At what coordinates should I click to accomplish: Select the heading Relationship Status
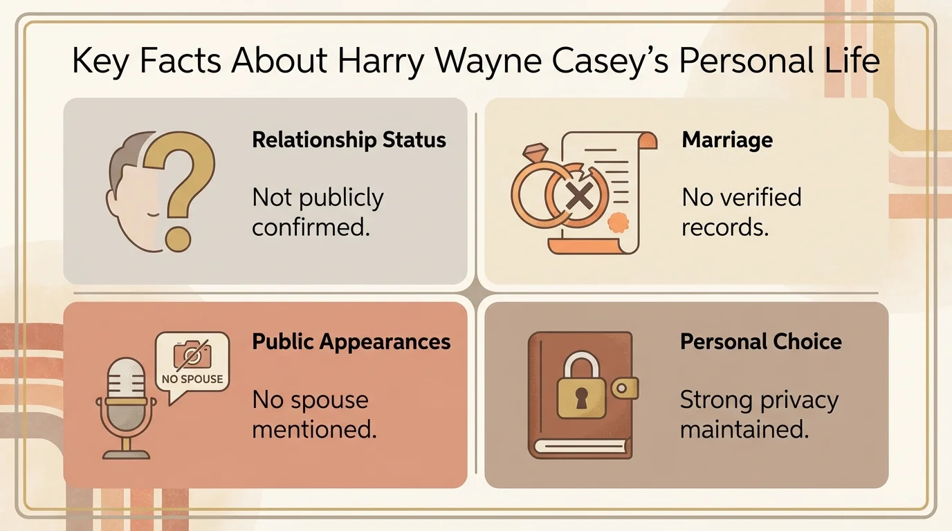tap(349, 140)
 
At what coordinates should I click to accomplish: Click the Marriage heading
tap(727, 140)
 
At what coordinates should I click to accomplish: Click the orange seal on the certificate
tap(616, 223)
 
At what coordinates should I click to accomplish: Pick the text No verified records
tap(741, 212)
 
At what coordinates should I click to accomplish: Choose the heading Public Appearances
tap(351, 342)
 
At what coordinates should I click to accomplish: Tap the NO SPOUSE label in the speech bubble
tap(192, 379)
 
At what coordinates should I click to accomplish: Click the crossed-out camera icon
tap(191, 355)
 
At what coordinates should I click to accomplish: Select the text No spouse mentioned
tap(314, 414)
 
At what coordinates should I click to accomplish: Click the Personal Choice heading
tap(761, 342)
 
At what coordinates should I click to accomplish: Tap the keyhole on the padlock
tap(581, 397)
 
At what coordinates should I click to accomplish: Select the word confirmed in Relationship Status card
tap(311, 227)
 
